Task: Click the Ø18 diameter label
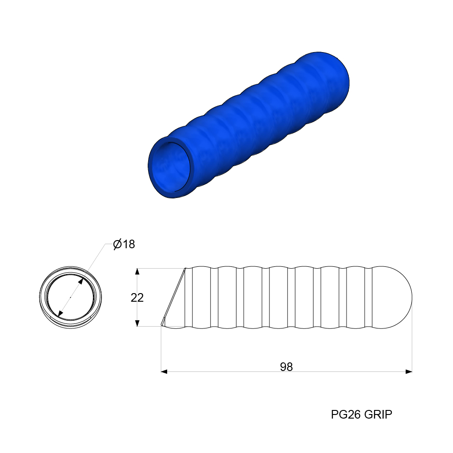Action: point(124,245)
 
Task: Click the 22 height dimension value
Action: point(137,298)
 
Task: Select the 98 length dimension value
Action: point(286,367)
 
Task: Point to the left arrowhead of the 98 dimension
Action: point(164,371)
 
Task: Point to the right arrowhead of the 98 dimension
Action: point(409,371)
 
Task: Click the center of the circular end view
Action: point(71,297)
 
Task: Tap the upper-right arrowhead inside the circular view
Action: point(81,281)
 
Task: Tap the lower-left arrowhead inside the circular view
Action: point(60,313)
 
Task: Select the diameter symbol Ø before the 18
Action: point(117,245)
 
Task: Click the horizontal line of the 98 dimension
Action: point(226,371)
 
